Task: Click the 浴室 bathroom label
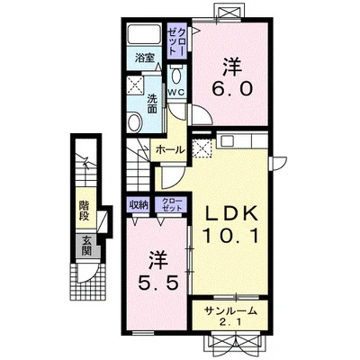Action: (x=144, y=58)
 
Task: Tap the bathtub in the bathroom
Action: (x=144, y=34)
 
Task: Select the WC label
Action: (x=176, y=93)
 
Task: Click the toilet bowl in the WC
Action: (x=176, y=75)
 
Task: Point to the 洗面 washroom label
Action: (x=152, y=103)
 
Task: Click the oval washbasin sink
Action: (x=135, y=122)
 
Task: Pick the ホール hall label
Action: (x=170, y=149)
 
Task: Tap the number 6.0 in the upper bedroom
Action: (x=231, y=89)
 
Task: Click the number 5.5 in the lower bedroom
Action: (x=158, y=283)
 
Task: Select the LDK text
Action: (x=230, y=213)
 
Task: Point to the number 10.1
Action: (x=230, y=236)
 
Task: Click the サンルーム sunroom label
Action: (x=230, y=310)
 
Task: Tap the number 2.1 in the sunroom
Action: (x=230, y=322)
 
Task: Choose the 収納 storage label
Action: (x=139, y=205)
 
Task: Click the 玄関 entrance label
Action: (x=86, y=246)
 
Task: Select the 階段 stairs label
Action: (x=85, y=211)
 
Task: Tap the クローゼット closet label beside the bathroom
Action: (x=177, y=40)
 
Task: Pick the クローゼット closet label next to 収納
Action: (x=171, y=204)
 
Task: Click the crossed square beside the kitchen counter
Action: (x=202, y=148)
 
